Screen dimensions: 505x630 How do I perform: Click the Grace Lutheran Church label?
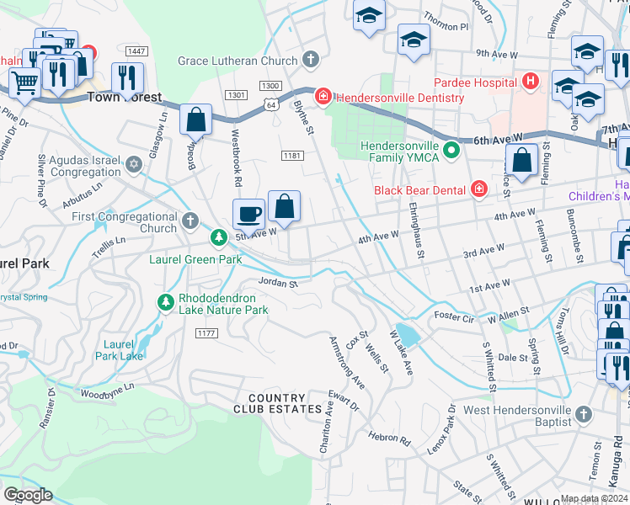click(x=238, y=61)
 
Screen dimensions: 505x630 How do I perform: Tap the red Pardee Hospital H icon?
click(x=530, y=82)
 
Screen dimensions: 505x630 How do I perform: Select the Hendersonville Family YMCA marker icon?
click(x=451, y=151)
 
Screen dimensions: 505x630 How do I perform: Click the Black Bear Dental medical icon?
click(x=478, y=189)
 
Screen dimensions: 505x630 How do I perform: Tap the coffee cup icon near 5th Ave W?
click(x=249, y=213)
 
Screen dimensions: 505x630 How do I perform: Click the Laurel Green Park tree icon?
click(x=218, y=238)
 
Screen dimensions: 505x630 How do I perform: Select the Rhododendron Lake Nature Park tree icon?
click(x=165, y=301)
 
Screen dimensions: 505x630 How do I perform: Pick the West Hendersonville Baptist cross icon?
click(x=585, y=415)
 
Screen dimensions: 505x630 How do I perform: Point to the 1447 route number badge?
click(x=136, y=51)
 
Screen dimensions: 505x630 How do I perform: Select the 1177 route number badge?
click(x=206, y=333)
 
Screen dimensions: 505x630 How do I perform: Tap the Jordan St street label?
click(x=278, y=284)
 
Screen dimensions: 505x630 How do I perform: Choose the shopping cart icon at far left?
click(x=24, y=82)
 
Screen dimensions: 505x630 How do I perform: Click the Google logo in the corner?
click(x=29, y=495)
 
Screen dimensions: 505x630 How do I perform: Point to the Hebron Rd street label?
click(x=388, y=438)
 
